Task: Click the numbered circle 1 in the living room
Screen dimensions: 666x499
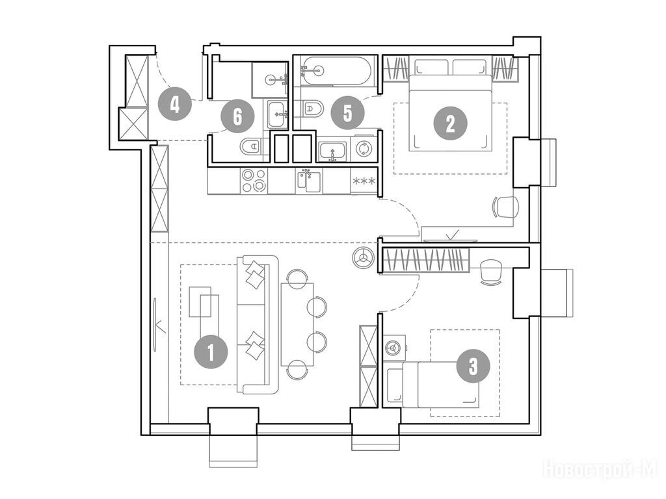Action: tap(211, 352)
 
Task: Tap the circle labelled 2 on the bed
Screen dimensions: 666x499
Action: tap(450, 123)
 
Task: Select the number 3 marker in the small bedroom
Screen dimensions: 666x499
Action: tap(473, 366)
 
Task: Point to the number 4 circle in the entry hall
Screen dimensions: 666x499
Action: tap(174, 103)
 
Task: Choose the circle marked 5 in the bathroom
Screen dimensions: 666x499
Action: tap(348, 113)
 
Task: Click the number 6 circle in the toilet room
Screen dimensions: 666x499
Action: tap(237, 116)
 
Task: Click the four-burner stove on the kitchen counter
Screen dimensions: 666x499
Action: tap(254, 181)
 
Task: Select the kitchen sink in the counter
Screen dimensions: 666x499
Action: tap(309, 181)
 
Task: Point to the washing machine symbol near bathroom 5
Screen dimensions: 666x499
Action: tap(364, 149)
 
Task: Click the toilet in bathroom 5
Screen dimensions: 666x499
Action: tap(312, 109)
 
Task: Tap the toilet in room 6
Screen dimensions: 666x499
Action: tap(252, 147)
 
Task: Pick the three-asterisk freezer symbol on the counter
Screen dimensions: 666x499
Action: tap(364, 182)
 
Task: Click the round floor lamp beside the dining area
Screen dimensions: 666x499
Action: tap(364, 257)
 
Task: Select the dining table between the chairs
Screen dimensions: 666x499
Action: tap(297, 325)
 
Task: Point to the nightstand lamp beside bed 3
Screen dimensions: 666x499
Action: tap(393, 348)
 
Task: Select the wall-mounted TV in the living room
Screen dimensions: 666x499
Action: tap(155, 324)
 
